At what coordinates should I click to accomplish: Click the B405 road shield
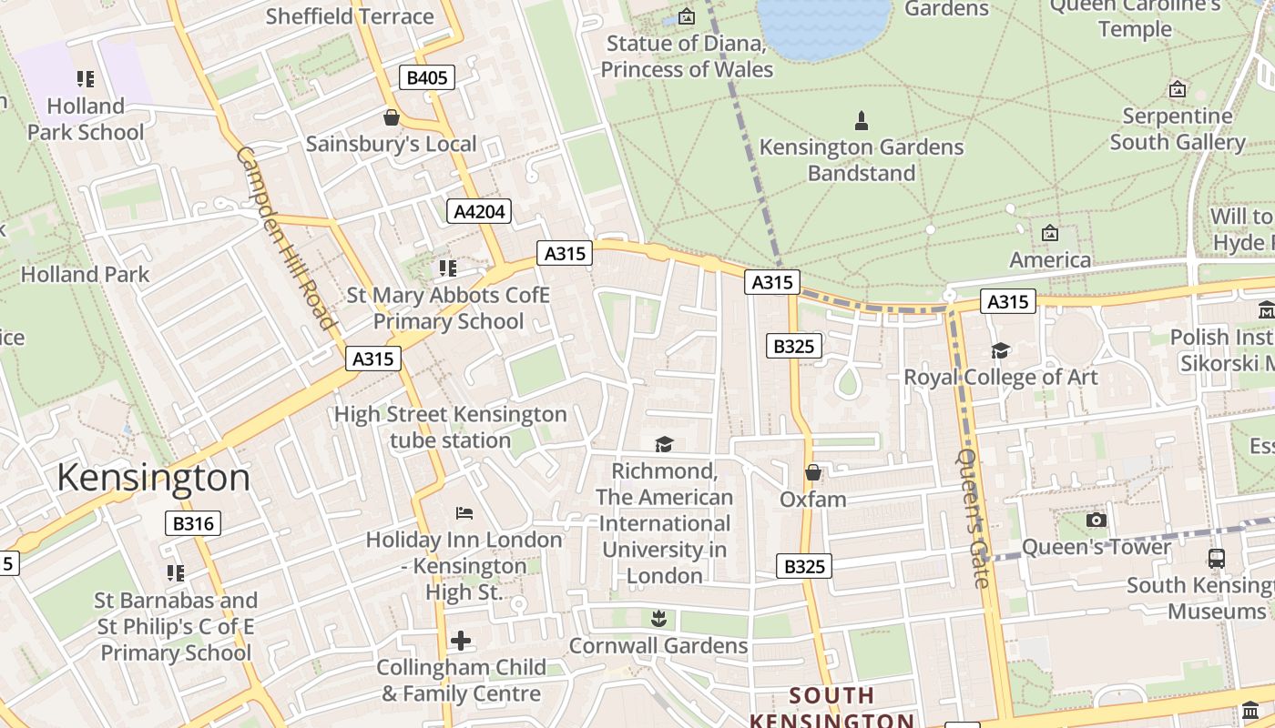426,77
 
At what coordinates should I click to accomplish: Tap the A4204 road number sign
480,212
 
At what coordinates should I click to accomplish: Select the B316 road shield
193,523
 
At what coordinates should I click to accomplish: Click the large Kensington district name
153,478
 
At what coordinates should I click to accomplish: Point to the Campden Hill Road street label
286,238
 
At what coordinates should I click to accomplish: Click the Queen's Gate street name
973,518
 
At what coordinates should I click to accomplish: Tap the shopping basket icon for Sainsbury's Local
392,117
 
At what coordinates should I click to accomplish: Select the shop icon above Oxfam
813,472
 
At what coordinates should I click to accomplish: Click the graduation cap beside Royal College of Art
1000,350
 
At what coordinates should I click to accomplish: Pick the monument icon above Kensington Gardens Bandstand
861,120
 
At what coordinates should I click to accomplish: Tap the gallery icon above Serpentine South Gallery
1178,89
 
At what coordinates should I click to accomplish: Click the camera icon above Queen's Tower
1096,520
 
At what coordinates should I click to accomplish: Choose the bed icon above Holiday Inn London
464,513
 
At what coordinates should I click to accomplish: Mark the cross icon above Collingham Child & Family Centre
461,641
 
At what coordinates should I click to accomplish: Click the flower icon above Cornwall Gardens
658,620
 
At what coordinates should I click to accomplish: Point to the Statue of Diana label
687,56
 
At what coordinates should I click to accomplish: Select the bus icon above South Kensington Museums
1216,558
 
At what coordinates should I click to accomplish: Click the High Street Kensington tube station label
451,428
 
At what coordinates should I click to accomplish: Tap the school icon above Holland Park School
86,79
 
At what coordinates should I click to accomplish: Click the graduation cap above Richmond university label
665,444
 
